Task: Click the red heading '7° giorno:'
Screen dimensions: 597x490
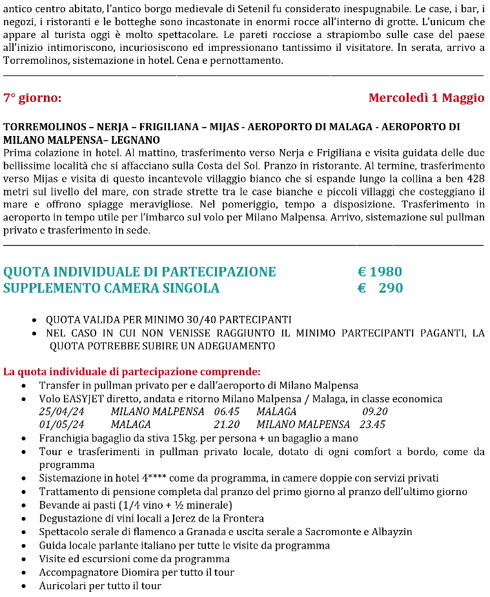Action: click(32, 98)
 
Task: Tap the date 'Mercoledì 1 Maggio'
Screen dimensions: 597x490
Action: click(426, 98)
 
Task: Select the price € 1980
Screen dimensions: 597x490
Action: click(380, 272)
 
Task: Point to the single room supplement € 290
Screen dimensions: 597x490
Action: click(380, 288)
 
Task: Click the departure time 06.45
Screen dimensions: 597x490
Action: click(227, 412)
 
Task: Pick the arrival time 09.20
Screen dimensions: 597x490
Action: click(375, 412)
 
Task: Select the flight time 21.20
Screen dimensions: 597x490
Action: click(227, 425)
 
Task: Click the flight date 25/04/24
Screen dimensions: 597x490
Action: click(61, 412)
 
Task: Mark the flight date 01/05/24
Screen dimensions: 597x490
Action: click(61, 425)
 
